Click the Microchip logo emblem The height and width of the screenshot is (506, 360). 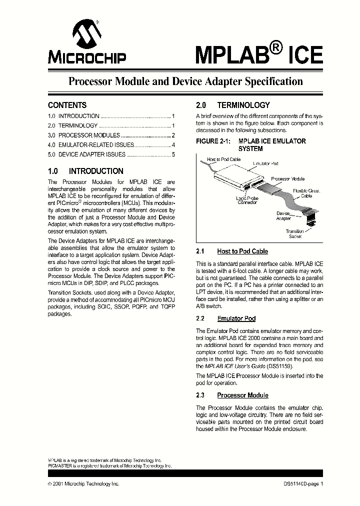tap(87, 34)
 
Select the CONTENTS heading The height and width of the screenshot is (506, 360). tap(67, 105)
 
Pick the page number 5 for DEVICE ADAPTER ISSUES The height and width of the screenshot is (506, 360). tap(173, 154)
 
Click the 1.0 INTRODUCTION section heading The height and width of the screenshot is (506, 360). tap(85, 171)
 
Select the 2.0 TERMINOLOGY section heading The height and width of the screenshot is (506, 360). tap(232, 105)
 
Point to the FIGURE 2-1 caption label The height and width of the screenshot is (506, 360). tap(213, 141)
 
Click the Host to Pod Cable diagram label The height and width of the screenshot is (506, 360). tap(223, 159)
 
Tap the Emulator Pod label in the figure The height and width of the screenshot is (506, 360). tap(265, 163)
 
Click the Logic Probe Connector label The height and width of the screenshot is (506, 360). tap(247, 200)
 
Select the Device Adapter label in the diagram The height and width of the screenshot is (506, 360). tap(283, 215)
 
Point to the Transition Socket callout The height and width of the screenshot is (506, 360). tap(294, 233)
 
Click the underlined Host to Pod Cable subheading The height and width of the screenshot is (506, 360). tap(242, 251)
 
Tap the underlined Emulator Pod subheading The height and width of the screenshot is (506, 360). tap(236, 318)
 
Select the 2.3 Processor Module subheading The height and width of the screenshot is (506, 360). tap(242, 395)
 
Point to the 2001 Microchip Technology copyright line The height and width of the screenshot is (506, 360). tap(83, 484)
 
